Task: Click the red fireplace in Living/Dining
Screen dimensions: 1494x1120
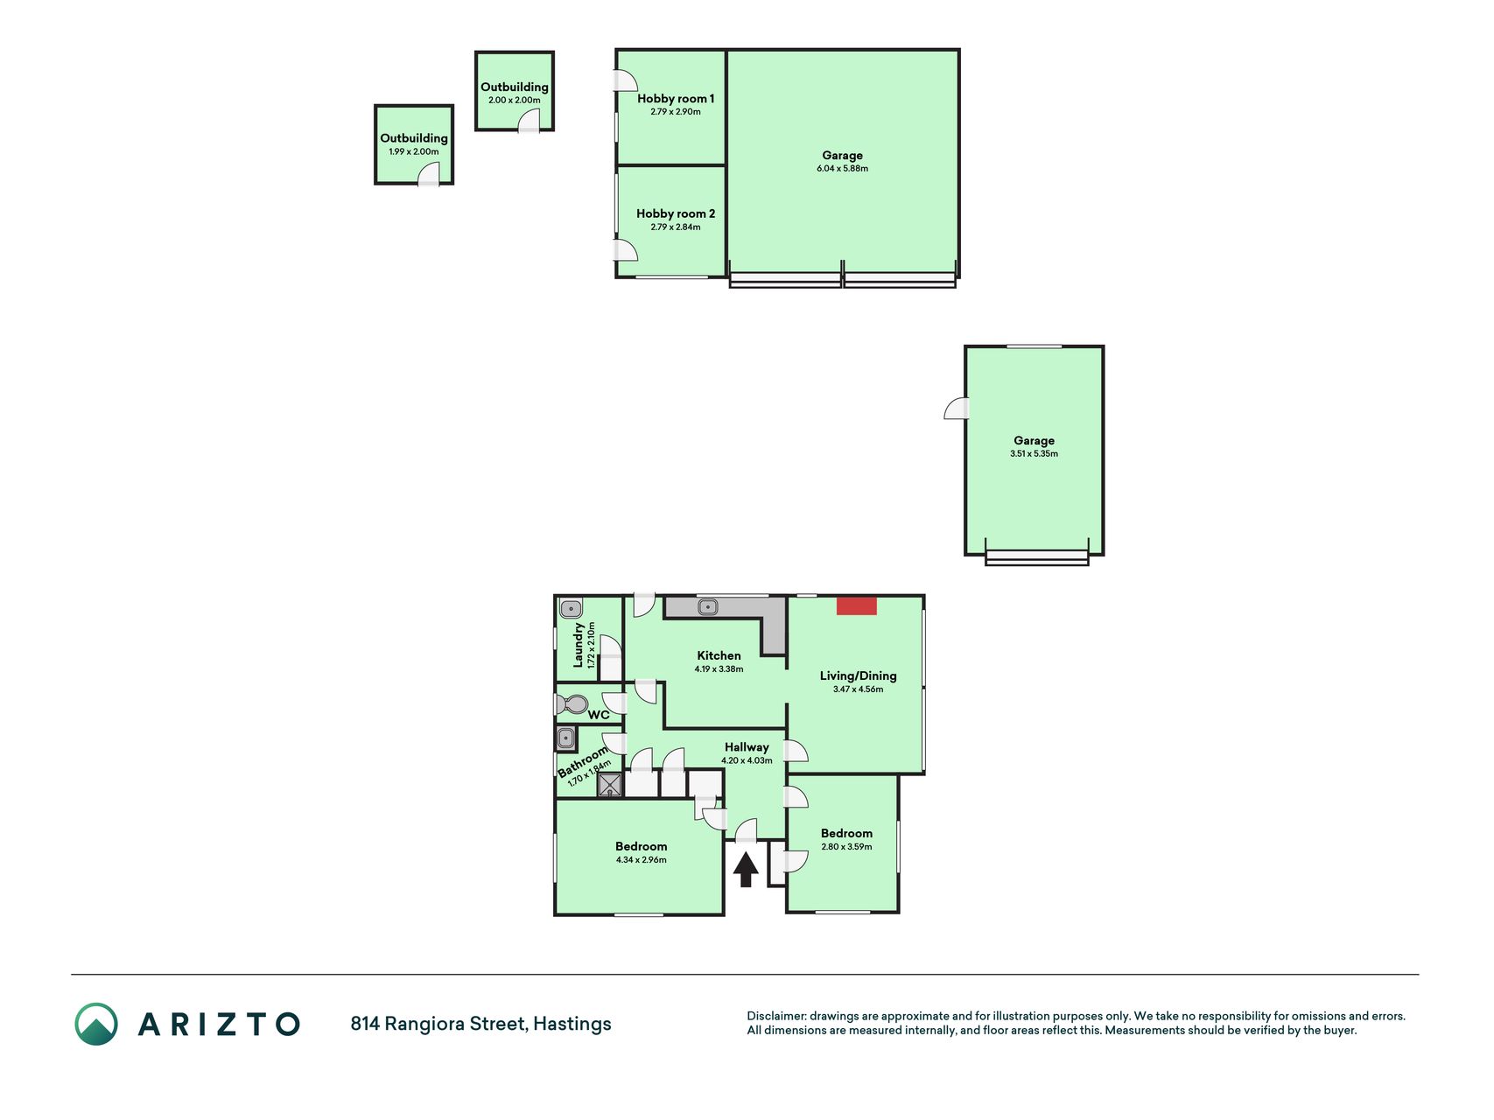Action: (856, 605)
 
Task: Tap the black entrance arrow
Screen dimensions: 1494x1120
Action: (746, 870)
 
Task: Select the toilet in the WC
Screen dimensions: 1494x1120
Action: (572, 703)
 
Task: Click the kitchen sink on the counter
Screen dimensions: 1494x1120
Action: (707, 606)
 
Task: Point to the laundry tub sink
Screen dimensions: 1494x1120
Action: (571, 608)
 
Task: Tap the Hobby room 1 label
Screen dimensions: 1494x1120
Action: (676, 99)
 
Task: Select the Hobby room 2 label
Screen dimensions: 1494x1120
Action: (676, 213)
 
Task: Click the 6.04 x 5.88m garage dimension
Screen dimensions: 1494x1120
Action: (842, 168)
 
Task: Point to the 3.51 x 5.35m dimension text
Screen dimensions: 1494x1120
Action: (1034, 453)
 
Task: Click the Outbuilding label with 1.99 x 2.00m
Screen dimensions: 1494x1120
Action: (414, 138)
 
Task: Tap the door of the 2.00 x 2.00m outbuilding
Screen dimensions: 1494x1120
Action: (530, 122)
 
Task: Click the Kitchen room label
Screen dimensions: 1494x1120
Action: (719, 655)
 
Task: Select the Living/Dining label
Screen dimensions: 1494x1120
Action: (858, 675)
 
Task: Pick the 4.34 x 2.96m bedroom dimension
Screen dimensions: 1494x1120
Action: (641, 859)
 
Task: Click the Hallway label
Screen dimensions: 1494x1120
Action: (747, 747)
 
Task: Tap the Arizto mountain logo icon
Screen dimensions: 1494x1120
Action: (96, 1024)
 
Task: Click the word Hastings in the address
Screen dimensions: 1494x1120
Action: (572, 1024)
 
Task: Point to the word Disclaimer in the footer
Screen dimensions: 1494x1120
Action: (775, 1016)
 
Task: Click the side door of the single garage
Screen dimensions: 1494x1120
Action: (956, 408)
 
